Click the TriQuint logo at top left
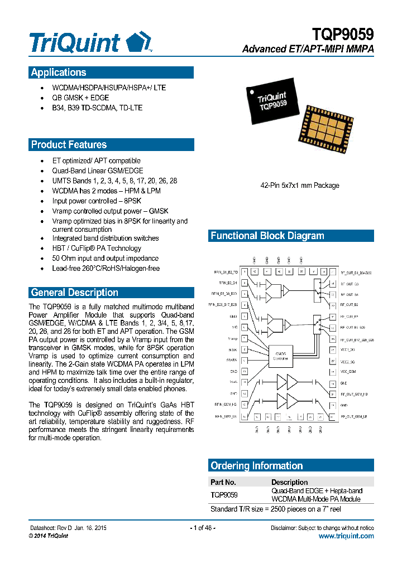(89, 42)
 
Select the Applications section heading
(59, 72)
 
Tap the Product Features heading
(69, 145)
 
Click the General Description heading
(74, 293)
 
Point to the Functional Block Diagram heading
(267, 236)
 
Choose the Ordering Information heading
(256, 466)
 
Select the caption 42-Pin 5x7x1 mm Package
(300, 186)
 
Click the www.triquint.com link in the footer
(346, 536)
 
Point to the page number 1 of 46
(202, 528)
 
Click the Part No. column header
(223, 482)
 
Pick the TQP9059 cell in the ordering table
(224, 495)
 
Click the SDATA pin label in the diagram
(232, 361)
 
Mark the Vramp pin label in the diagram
(233, 338)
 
